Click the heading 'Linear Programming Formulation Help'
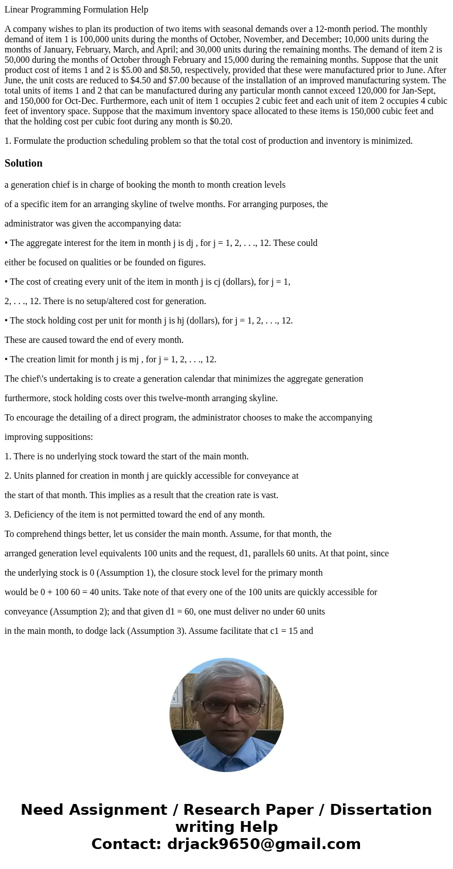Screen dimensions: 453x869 pos(76,10)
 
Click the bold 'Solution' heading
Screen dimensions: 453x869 pos(23,163)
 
